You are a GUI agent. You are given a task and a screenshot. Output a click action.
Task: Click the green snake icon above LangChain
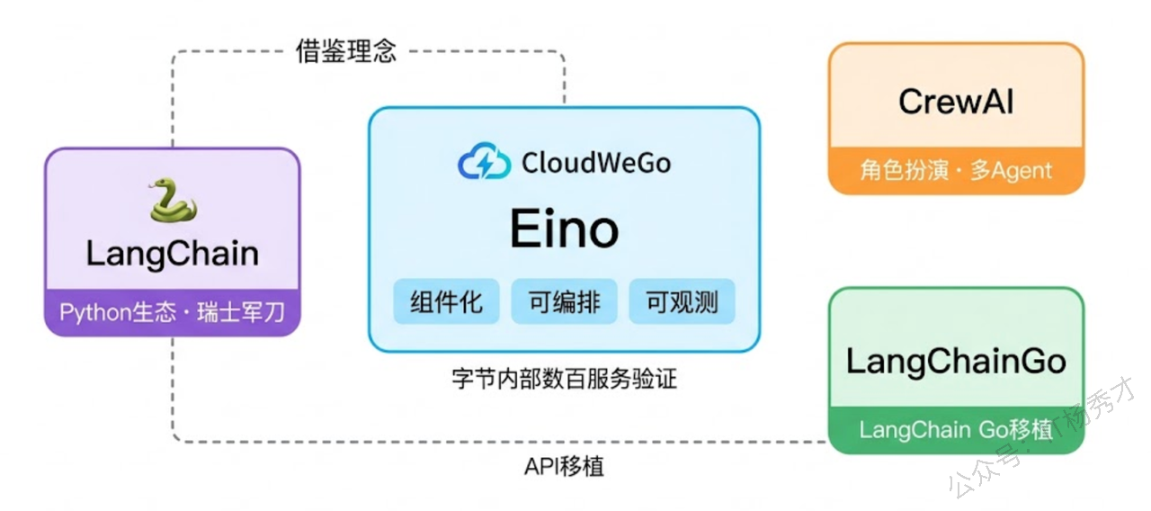(172, 201)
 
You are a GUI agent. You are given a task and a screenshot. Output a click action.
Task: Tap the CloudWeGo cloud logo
(485, 163)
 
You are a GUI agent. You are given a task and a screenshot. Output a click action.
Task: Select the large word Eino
(564, 229)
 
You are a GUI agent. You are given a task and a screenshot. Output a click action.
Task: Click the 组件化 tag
(446, 302)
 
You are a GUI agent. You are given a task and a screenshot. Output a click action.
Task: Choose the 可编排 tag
(564, 302)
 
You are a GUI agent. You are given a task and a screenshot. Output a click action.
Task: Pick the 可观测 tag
(682, 302)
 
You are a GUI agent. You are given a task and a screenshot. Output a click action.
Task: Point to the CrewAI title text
(956, 101)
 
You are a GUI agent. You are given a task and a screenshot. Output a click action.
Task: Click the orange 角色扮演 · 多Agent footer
(956, 170)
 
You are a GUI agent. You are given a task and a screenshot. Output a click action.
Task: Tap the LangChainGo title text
(956, 361)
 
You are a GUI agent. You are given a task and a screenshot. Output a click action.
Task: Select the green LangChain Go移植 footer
(956, 430)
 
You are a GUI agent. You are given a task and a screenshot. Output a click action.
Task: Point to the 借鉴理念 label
(346, 51)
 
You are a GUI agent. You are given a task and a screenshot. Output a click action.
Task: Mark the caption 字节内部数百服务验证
(564, 379)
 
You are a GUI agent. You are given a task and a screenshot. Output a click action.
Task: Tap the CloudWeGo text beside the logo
(596, 163)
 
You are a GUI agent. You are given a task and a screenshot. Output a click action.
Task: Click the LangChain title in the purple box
(172, 254)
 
